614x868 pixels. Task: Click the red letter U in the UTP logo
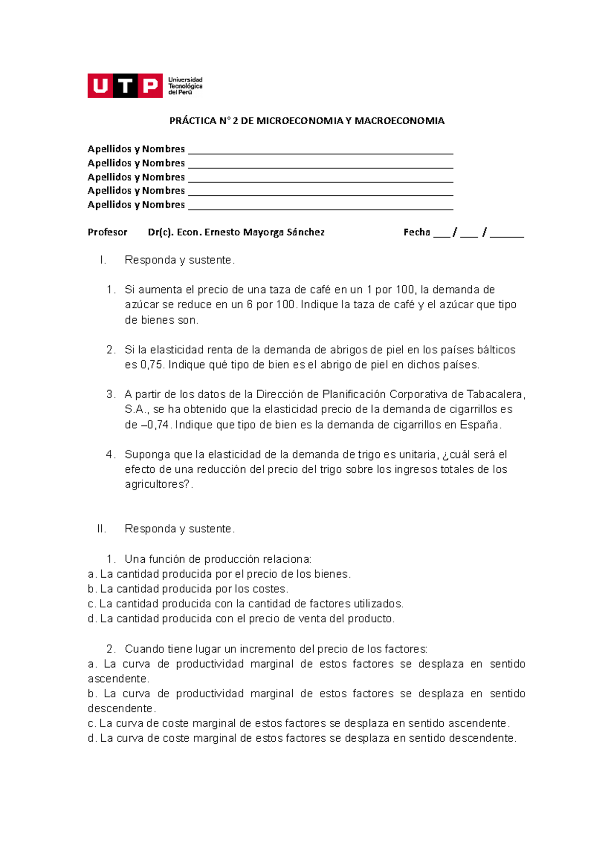(x=100, y=85)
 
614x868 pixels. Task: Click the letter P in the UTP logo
(x=150, y=85)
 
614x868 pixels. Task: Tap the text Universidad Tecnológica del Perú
(x=185, y=86)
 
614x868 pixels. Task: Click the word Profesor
(x=107, y=232)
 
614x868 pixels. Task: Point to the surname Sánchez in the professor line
(x=305, y=232)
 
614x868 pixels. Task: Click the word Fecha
(x=416, y=232)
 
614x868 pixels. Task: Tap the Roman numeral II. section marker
(x=101, y=529)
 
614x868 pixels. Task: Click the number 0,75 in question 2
(x=151, y=365)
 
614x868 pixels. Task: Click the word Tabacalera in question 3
(x=494, y=395)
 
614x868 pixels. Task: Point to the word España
(x=479, y=425)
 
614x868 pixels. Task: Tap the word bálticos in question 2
(x=496, y=350)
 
